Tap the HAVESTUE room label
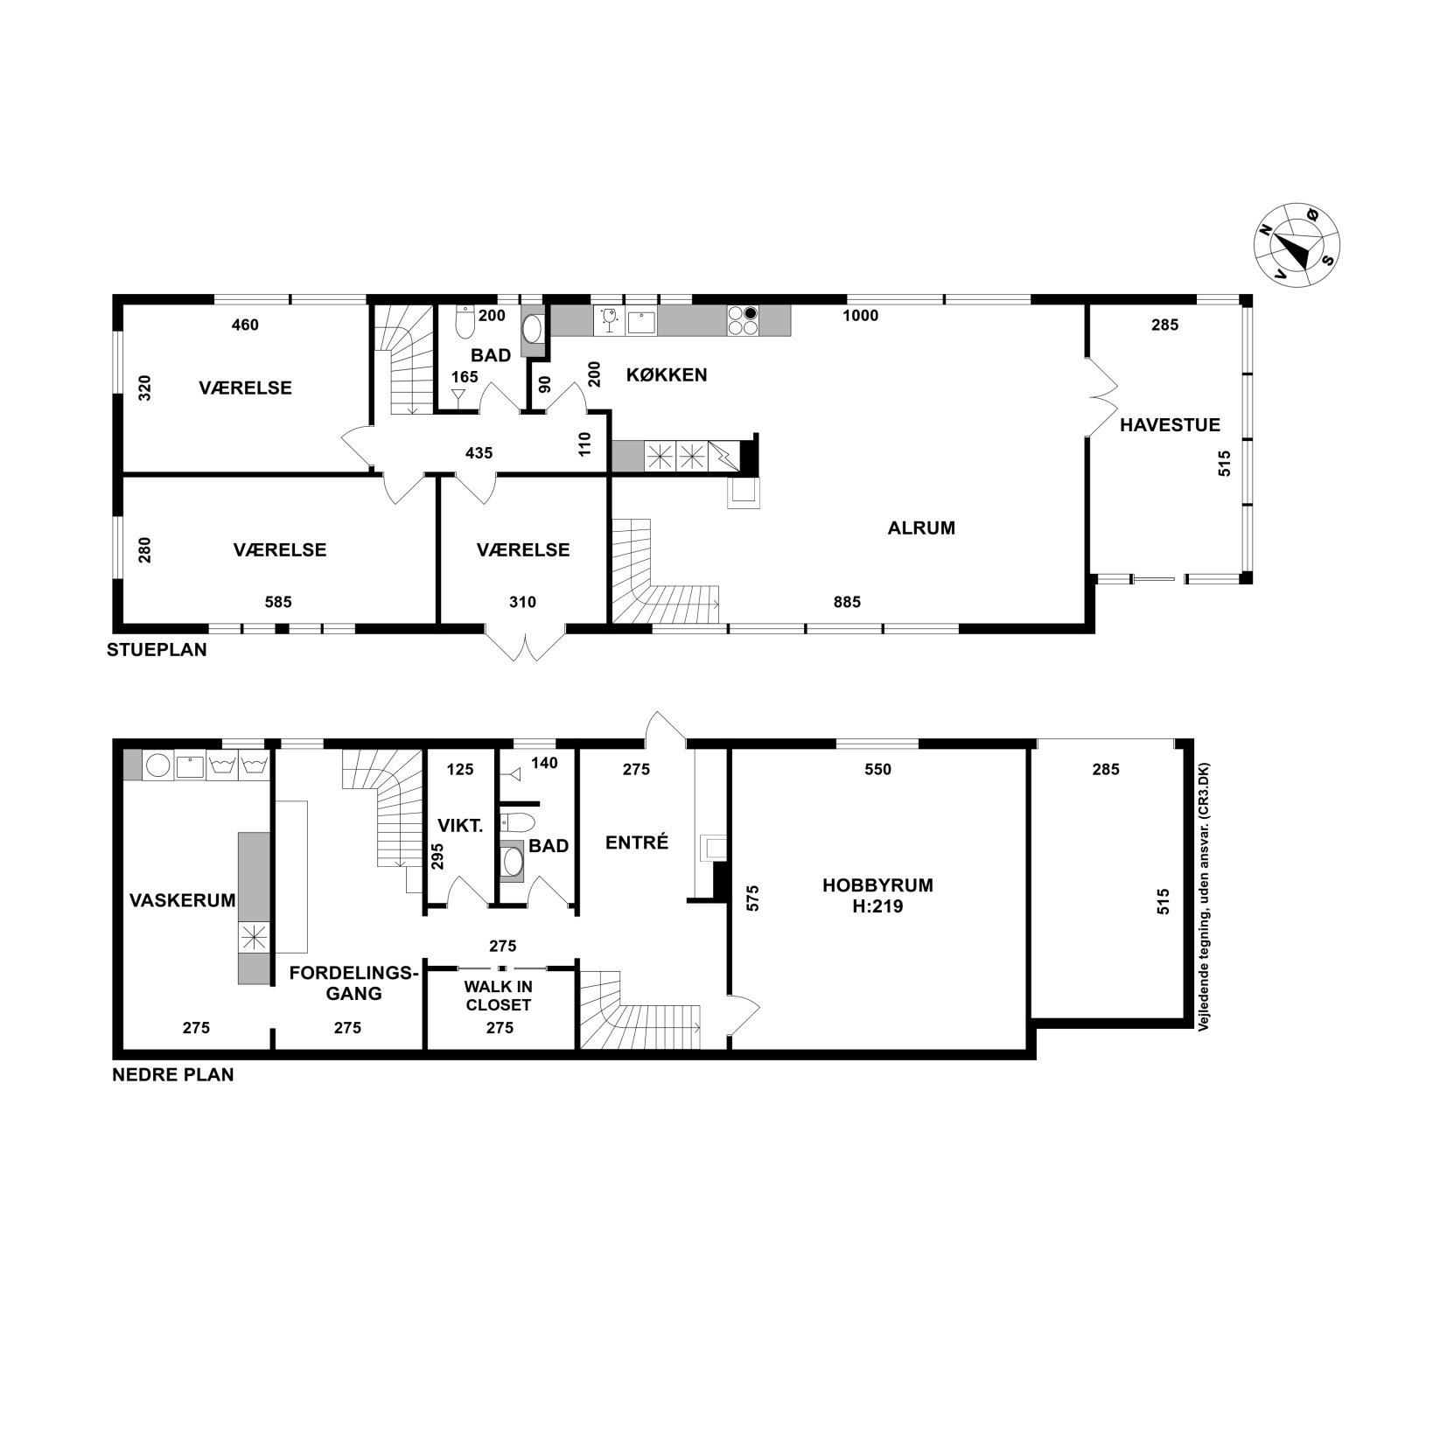coord(1170,426)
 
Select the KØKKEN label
coord(667,375)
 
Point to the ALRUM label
coord(921,528)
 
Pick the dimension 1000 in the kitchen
coord(860,316)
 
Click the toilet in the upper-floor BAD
coord(465,322)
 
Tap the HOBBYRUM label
coord(877,884)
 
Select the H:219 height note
coord(877,906)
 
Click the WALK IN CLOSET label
coord(499,996)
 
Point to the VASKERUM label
coord(183,899)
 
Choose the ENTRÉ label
coord(637,842)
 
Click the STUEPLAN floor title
coord(157,650)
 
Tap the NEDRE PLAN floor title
coord(173,1075)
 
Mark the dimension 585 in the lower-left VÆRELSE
coord(278,602)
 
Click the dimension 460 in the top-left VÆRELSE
coord(245,325)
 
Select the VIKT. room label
coord(460,825)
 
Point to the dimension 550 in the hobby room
coord(877,770)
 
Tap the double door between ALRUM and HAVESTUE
coord(1102,396)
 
